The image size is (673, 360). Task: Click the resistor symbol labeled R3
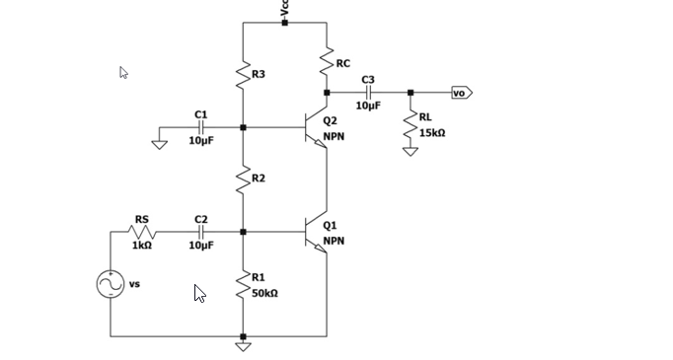pyautogui.click(x=243, y=75)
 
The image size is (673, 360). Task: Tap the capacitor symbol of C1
pyautogui.click(x=201, y=127)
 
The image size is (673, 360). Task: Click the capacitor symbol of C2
pyautogui.click(x=201, y=232)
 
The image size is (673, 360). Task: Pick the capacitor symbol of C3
pyautogui.click(x=368, y=93)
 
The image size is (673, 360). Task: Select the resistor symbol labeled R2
pyautogui.click(x=243, y=179)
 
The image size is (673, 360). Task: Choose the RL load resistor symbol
pyautogui.click(x=410, y=124)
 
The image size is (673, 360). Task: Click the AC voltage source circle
pyautogui.click(x=111, y=284)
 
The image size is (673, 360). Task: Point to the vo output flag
pyautogui.click(x=462, y=93)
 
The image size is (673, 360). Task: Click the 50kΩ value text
pyautogui.click(x=264, y=293)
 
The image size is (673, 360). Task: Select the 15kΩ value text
pyautogui.click(x=433, y=132)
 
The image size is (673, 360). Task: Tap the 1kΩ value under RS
pyautogui.click(x=142, y=246)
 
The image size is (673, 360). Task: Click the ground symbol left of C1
pyautogui.click(x=159, y=144)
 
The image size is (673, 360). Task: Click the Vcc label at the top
pyautogui.click(x=284, y=7)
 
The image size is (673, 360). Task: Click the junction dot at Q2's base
pyautogui.click(x=243, y=127)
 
